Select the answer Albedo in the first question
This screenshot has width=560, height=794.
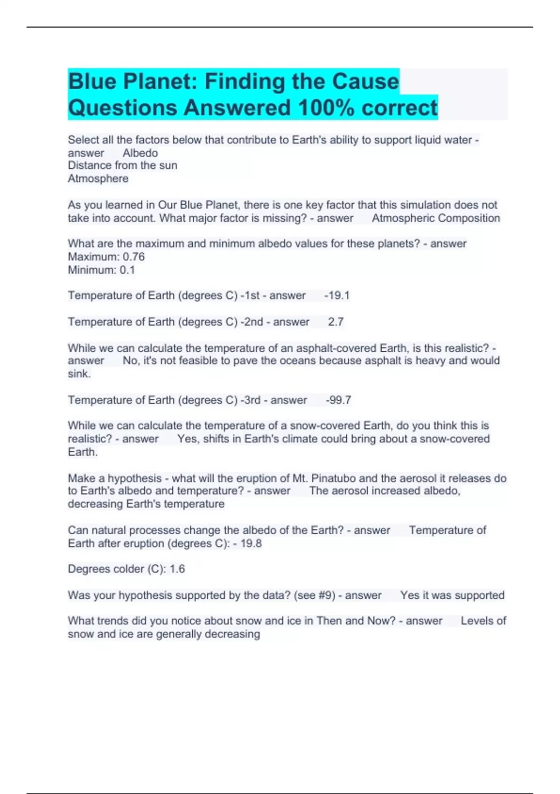point(140,153)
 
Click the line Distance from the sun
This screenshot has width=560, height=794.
point(122,165)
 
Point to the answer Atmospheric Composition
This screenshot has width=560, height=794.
point(435,218)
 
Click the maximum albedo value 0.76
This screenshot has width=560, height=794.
point(133,257)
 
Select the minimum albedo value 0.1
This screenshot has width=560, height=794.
point(127,270)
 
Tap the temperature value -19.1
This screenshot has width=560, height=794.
point(336,296)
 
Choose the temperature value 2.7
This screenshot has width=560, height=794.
point(336,322)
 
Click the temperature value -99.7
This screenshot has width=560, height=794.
point(338,400)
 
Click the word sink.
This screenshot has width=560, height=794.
point(79,374)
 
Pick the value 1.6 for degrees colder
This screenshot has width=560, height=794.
point(177,569)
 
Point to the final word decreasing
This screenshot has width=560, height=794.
point(232,634)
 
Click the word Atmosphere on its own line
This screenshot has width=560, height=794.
point(98,179)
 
